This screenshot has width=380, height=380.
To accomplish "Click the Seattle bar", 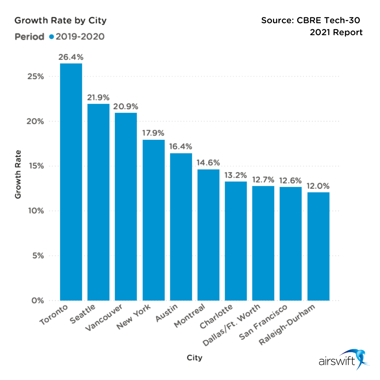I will click(99, 202).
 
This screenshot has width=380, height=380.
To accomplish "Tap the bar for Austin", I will click(181, 227).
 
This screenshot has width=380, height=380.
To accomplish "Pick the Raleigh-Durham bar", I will click(318, 246).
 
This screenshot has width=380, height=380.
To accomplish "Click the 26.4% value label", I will click(71, 57).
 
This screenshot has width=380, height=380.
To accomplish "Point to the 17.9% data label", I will click(153, 133).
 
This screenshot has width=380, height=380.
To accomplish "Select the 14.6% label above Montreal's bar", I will click(208, 163).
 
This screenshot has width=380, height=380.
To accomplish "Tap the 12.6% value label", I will click(291, 180).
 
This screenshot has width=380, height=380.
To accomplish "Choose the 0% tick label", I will click(36, 301).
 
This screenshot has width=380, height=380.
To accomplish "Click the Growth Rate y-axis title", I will click(18, 174).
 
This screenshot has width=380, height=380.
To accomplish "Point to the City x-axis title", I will click(195, 358).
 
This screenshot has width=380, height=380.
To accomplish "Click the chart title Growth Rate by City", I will click(60, 20).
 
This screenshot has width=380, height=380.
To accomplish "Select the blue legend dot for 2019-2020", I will click(51, 37).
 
